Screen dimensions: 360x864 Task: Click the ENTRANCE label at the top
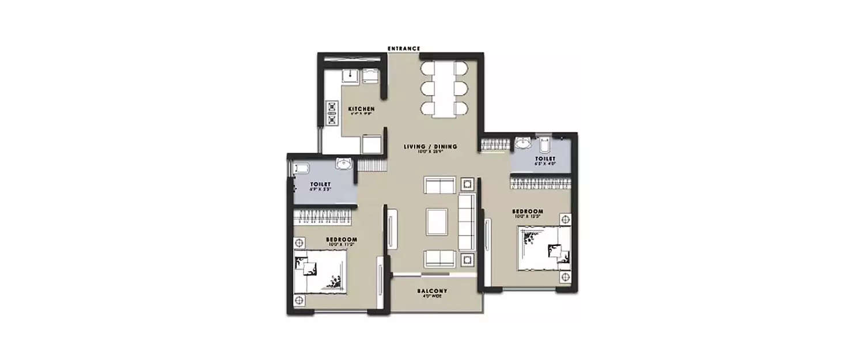(403, 48)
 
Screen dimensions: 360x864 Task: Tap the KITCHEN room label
(362, 109)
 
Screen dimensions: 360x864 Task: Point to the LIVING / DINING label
(430, 147)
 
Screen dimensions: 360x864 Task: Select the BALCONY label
(432, 291)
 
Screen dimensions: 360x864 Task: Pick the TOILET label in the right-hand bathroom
(544, 158)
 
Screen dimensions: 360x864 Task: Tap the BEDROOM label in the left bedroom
(342, 239)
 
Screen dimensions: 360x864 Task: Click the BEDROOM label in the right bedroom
(528, 211)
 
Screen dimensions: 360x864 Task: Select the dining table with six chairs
(444, 89)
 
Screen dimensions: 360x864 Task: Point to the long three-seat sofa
(466, 222)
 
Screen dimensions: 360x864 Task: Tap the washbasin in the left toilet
(344, 165)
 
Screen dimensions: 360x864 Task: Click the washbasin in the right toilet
(523, 142)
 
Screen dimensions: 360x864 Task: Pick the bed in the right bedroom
(544, 248)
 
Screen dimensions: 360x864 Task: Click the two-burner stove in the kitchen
(332, 113)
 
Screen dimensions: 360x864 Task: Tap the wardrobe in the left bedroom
(322, 217)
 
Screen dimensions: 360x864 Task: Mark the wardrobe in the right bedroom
(540, 184)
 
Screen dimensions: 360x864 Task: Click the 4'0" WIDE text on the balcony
(432, 297)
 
